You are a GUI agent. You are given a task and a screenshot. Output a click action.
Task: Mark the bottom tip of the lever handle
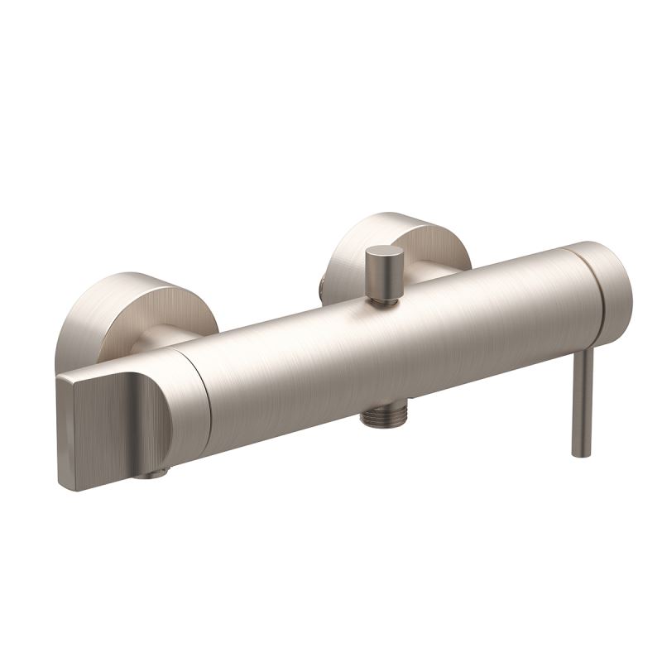(580, 452)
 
